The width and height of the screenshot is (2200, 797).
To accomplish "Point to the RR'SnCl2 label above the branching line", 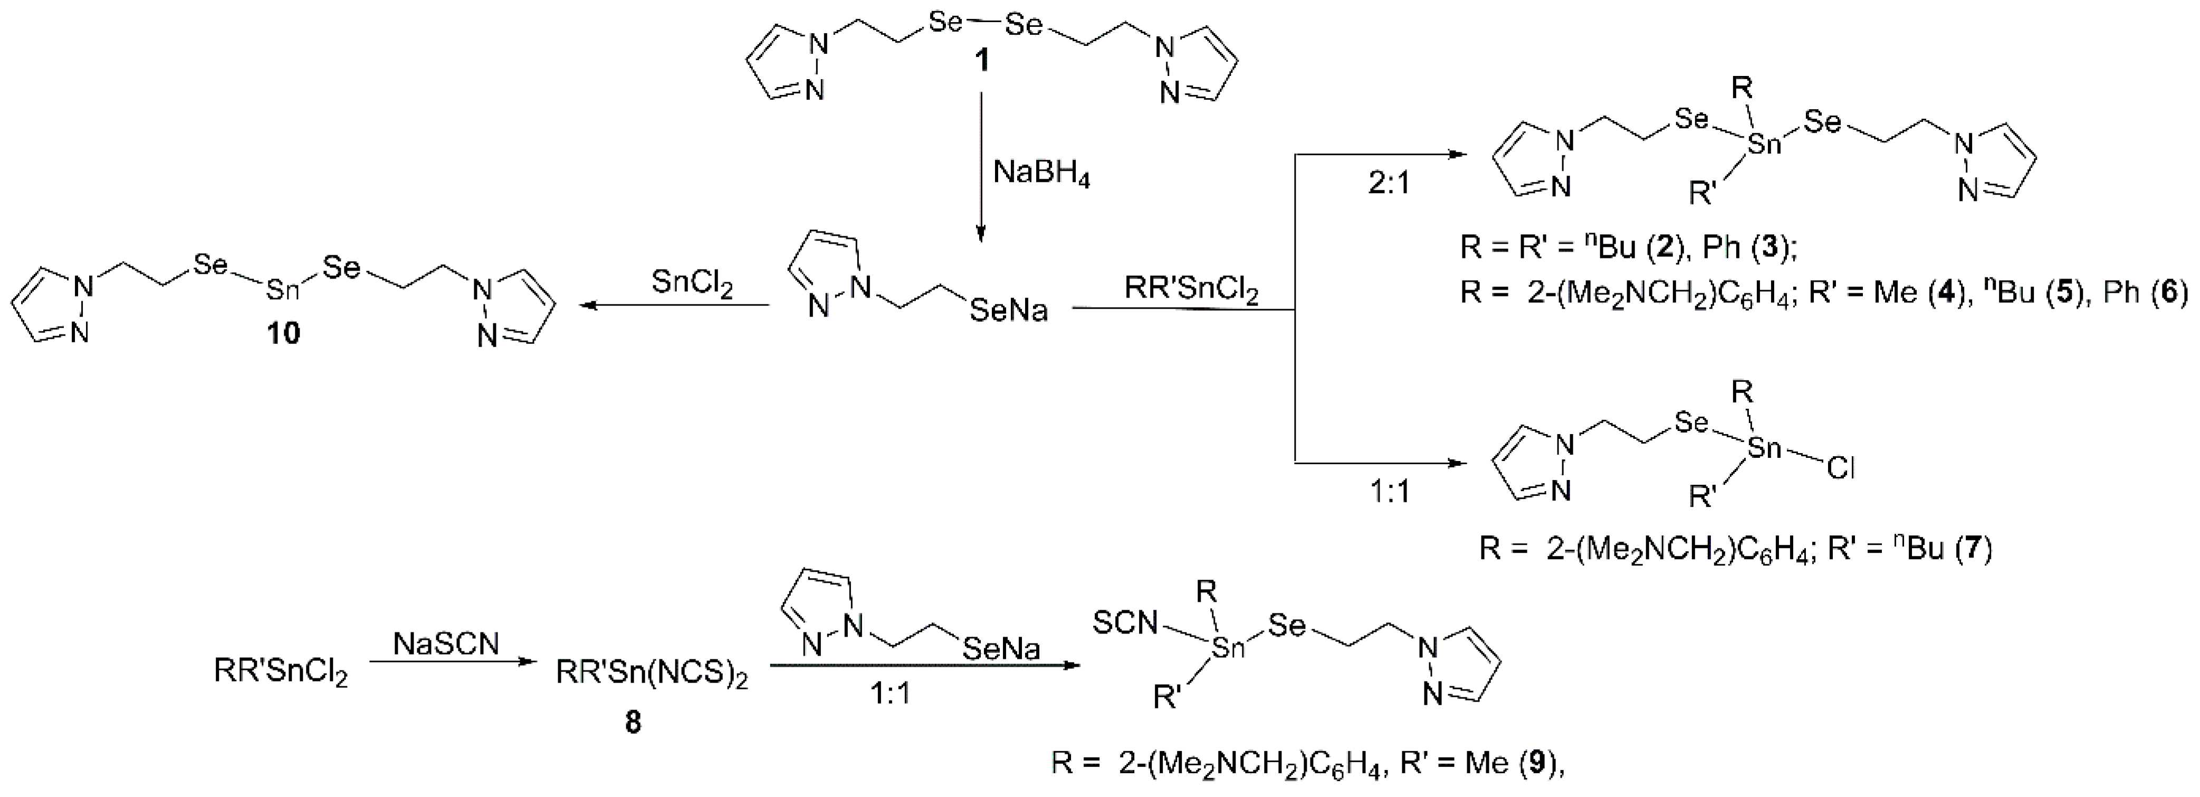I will [1191, 290].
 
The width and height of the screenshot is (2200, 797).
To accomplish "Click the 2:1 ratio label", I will [1388, 183].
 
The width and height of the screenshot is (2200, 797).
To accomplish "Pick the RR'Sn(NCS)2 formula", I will [652, 673].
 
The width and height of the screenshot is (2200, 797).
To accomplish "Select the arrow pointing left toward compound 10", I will [675, 305].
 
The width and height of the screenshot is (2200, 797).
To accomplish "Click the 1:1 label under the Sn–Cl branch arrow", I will [1389, 492].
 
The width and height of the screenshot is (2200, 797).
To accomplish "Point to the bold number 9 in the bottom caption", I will [1536, 762].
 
